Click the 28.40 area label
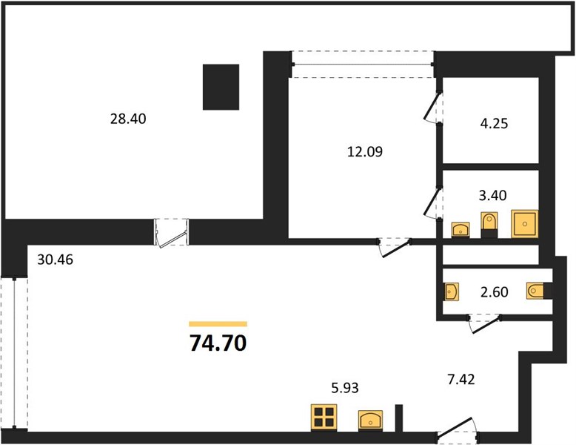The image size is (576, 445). pos(128,119)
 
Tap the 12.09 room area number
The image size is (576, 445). pos(365,151)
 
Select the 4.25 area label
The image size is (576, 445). pos(494,123)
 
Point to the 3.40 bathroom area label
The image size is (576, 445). pos(492,195)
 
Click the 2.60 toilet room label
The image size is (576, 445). pos(495,292)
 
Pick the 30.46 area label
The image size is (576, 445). pos(55,260)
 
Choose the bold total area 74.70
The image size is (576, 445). pos(218,343)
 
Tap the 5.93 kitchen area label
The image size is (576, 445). pos(344,388)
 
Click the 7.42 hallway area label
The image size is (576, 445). pos(461,379)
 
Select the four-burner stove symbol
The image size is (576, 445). pos(324,417)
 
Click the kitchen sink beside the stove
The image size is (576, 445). pos(371,420)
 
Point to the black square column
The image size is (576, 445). pos(221,88)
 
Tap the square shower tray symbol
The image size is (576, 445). pos(525,224)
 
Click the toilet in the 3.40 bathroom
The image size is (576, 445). pos(489,225)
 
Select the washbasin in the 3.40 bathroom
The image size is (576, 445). pos(461,230)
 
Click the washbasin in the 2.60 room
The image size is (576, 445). pos(451,292)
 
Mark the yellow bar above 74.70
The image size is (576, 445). pos(218,324)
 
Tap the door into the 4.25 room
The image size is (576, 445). pos(432,106)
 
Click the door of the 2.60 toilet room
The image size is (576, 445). pos(485,323)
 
